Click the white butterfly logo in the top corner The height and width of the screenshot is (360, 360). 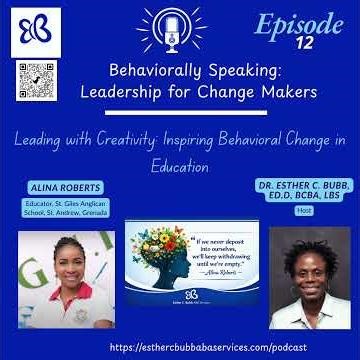pyautogui.click(x=32, y=29)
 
